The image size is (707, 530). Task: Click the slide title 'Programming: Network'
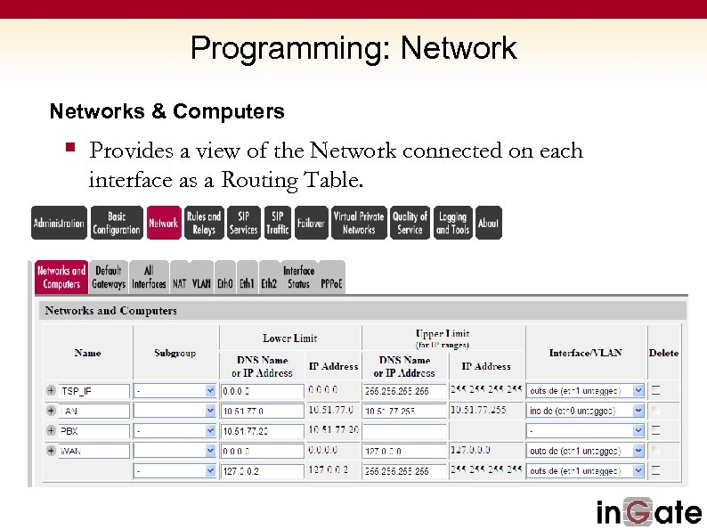[353, 47]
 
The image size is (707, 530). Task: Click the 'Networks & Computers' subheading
[167, 111]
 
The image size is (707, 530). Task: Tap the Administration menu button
[59, 223]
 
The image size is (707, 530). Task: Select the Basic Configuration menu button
[117, 223]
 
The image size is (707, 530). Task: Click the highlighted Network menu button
[163, 223]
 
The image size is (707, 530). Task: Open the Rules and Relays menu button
[204, 223]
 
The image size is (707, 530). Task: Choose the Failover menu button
[311, 223]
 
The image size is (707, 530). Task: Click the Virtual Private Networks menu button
[359, 223]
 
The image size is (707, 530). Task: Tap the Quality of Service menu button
[410, 223]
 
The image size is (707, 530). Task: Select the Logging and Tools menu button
[452, 223]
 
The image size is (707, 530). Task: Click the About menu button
[488, 223]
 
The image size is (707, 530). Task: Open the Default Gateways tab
[108, 277]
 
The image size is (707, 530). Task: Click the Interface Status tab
[298, 277]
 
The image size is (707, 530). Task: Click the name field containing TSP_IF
[93, 391]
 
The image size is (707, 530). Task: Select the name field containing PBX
[93, 430]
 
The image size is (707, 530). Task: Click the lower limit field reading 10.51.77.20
[261, 431]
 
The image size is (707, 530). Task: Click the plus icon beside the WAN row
[50, 451]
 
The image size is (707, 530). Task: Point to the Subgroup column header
[175, 353]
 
